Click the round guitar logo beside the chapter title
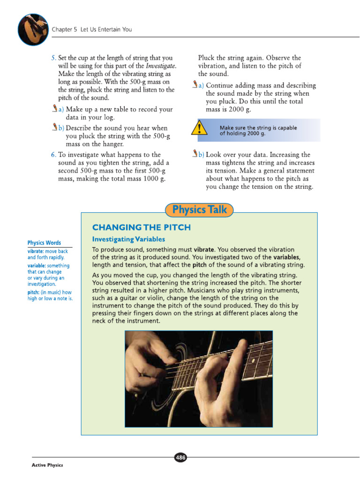[33, 29]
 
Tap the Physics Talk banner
[199, 210]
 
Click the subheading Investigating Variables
[128, 240]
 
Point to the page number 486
[180, 457]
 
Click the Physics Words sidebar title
[44, 243]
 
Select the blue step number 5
[53, 58]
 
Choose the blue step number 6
[53, 154]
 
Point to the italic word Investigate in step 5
[160, 66]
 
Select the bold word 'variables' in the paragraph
[286, 257]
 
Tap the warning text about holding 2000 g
[258, 130]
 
